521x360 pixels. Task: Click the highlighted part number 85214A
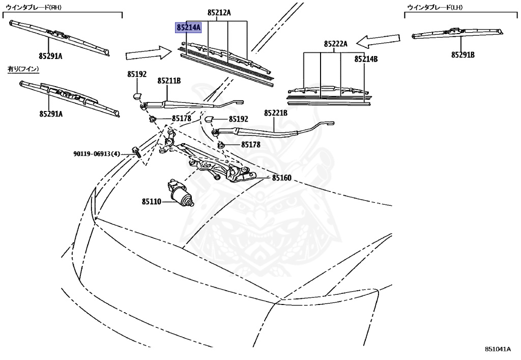tap(188, 27)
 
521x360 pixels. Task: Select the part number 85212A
tap(219, 12)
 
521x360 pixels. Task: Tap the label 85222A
tap(336, 44)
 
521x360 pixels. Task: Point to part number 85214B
tap(366, 59)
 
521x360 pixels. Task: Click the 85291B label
tap(462, 54)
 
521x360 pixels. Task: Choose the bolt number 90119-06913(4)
tap(96, 154)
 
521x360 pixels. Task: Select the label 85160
tap(281, 178)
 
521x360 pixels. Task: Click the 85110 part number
tap(151, 202)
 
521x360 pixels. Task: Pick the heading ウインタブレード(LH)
tap(432, 8)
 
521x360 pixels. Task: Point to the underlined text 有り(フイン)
tap(23, 68)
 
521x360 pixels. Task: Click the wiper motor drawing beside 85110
tap(181, 194)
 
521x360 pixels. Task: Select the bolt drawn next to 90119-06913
tap(136, 151)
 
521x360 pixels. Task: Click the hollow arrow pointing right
tap(149, 52)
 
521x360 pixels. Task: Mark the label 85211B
tap(169, 81)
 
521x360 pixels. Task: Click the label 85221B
tap(275, 113)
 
